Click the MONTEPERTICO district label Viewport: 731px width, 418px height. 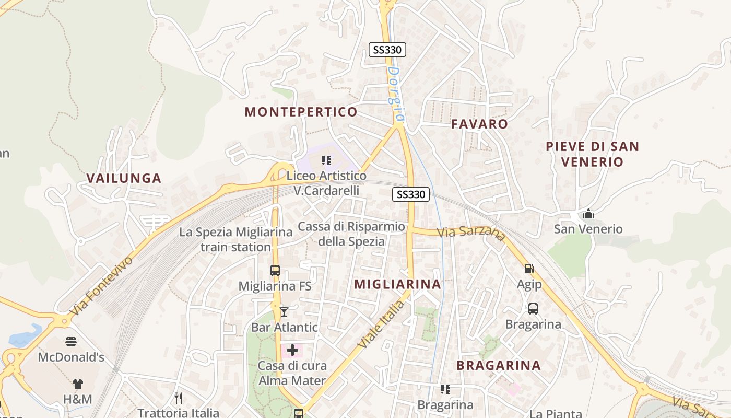(x=301, y=112)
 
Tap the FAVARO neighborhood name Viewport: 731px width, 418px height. (x=479, y=124)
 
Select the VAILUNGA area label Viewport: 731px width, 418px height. (x=124, y=178)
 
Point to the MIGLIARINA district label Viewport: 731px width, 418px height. (x=398, y=284)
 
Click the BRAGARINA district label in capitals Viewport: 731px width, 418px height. (x=499, y=365)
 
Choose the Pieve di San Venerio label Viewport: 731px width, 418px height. (x=592, y=154)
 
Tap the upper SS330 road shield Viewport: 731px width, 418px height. (x=387, y=50)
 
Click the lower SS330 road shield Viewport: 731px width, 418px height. (x=411, y=194)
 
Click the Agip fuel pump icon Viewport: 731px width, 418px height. (x=529, y=269)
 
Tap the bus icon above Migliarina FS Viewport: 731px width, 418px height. (x=275, y=271)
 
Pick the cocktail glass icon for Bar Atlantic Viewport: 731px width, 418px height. (x=284, y=312)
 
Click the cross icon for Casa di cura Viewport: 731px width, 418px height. (x=292, y=350)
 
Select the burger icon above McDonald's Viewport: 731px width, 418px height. (x=71, y=342)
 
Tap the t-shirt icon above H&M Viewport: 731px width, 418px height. (x=77, y=384)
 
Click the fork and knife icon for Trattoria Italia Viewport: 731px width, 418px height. (x=179, y=398)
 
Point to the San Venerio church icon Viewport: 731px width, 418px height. (x=588, y=214)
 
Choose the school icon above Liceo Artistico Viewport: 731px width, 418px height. (x=326, y=160)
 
